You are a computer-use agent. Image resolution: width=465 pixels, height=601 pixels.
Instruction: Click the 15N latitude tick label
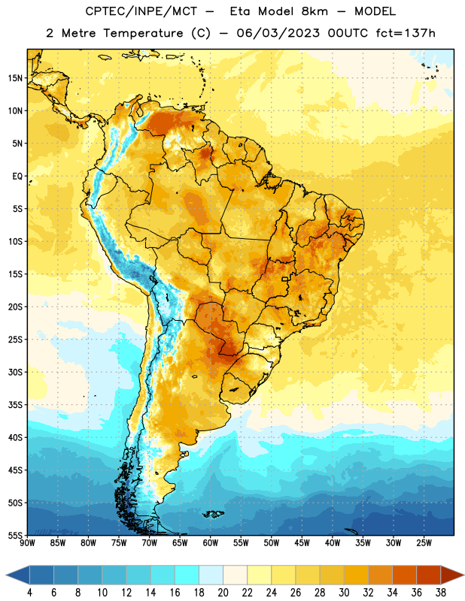tap(15, 78)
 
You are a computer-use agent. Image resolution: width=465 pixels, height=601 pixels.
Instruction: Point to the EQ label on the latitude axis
tap(17, 177)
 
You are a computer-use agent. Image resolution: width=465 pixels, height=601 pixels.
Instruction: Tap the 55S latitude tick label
tap(15, 535)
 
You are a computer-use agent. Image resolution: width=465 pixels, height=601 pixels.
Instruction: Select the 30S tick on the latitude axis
tap(15, 372)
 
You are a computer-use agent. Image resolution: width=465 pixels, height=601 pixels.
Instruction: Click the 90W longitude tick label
tap(27, 543)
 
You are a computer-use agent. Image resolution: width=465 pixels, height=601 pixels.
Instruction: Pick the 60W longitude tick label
tap(211, 543)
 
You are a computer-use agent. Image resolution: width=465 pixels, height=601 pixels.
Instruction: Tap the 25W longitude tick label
tap(424, 543)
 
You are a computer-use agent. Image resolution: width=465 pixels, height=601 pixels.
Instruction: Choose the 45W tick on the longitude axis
tap(302, 543)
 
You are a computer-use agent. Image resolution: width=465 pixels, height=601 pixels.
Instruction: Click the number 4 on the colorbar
tap(29, 593)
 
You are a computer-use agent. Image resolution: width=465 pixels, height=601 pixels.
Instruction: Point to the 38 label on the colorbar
tap(441, 593)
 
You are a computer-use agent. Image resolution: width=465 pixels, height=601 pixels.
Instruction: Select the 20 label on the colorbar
tap(223, 593)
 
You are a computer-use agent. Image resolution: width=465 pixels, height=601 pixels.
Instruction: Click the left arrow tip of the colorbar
tap(6, 575)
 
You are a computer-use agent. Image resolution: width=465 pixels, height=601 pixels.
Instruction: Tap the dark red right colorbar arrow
tap(452, 575)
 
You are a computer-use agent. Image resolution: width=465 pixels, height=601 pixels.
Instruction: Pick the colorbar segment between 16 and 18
tap(187, 575)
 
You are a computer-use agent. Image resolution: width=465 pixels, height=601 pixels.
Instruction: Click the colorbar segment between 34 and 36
tap(405, 575)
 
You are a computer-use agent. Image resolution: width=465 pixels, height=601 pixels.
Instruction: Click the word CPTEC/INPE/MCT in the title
tap(141, 11)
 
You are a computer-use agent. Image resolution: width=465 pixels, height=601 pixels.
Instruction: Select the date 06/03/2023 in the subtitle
tap(278, 33)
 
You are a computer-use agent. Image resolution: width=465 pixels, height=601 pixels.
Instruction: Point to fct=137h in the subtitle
tap(406, 33)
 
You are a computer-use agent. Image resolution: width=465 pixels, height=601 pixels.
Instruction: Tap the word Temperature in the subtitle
tap(143, 33)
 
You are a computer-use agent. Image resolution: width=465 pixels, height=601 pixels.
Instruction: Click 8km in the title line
tap(315, 11)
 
